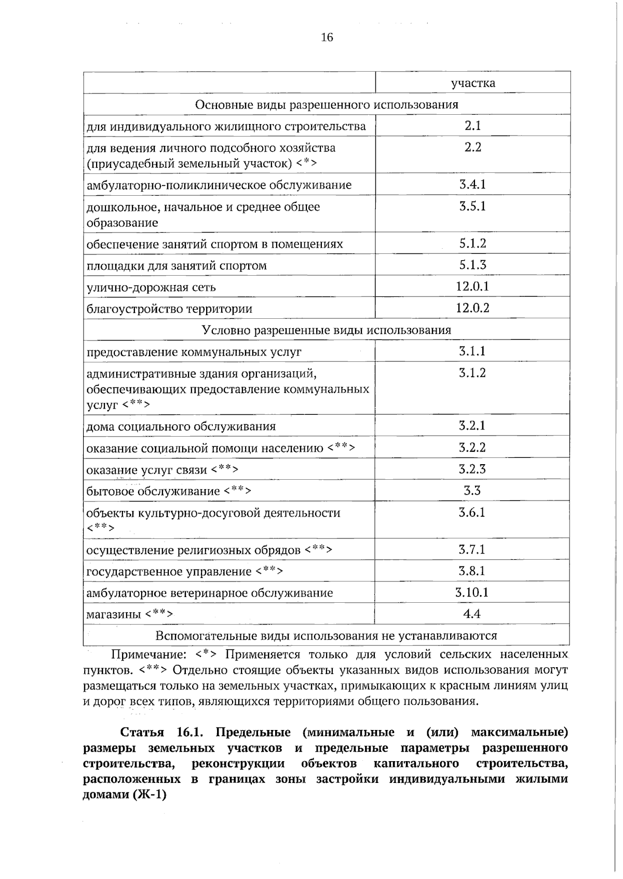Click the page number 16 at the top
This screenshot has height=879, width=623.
click(x=327, y=37)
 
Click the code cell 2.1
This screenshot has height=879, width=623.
click(x=472, y=126)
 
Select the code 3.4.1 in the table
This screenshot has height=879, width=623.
click(x=472, y=184)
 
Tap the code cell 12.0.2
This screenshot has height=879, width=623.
click(x=472, y=308)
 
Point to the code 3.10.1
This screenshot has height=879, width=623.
click(x=472, y=592)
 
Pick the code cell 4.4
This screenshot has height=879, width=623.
click(x=472, y=614)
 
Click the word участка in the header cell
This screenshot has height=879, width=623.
click(x=472, y=83)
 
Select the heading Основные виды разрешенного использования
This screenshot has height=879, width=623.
click(x=327, y=104)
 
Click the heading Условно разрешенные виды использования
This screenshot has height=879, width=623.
click(x=327, y=330)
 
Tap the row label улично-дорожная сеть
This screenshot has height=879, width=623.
click(x=151, y=287)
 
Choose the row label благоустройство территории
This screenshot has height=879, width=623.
click(x=169, y=309)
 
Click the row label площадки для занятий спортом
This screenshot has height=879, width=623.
click(x=177, y=266)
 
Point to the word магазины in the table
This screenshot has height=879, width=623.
click(x=114, y=614)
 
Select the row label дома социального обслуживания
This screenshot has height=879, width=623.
click(x=181, y=427)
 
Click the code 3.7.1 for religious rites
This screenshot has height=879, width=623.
click(x=472, y=549)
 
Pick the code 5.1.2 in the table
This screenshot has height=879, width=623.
click(x=472, y=244)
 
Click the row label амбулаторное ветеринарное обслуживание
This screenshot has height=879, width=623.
click(x=210, y=593)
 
